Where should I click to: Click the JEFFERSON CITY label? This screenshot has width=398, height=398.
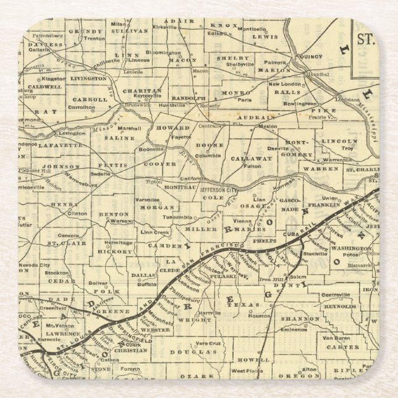(220, 190)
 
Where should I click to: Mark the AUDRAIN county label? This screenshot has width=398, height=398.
(260, 117)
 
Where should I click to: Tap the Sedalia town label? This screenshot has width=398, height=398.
(101, 174)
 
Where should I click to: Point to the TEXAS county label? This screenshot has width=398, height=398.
(250, 304)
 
